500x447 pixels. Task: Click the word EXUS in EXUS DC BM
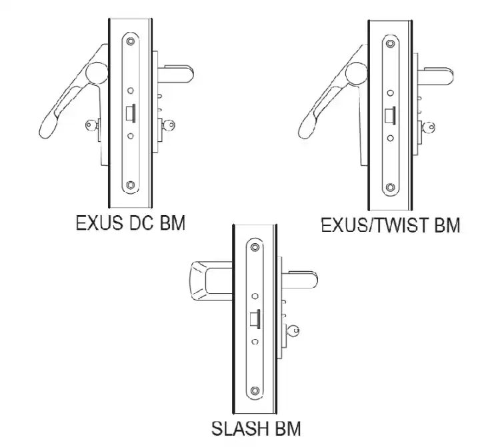point(99,223)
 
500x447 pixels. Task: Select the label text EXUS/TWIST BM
point(390,225)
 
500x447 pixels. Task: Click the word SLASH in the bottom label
point(235,428)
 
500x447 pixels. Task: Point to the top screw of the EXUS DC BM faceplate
point(130,41)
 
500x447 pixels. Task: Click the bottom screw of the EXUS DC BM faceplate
point(130,185)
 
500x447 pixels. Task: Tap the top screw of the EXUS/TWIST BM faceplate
point(390,44)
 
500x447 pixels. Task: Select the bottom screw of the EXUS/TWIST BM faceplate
point(390,187)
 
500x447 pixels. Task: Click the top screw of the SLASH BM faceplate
point(255,247)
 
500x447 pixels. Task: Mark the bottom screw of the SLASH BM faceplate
point(255,390)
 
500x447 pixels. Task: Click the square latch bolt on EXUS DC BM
point(131,113)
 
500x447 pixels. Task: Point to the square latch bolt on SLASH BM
point(255,318)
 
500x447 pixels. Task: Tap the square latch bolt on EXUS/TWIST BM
point(391,115)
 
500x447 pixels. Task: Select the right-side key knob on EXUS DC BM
point(169,125)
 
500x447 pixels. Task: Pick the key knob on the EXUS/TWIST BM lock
point(429,127)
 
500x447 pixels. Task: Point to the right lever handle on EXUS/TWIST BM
point(437,77)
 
